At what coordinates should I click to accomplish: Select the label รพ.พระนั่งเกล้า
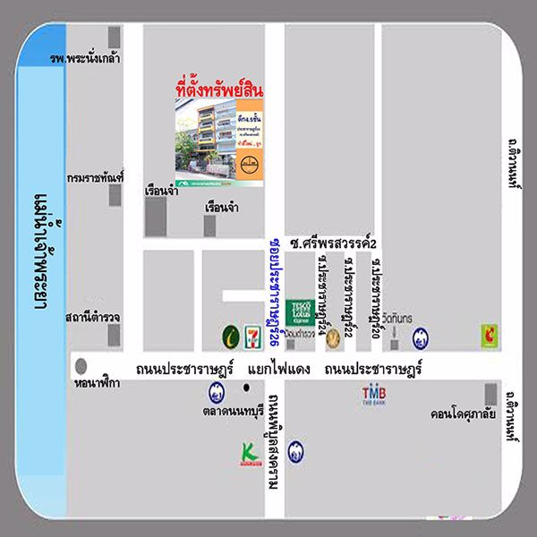click(x=86, y=59)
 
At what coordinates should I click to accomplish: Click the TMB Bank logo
click(x=373, y=395)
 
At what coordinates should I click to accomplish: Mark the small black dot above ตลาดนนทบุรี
click(x=245, y=388)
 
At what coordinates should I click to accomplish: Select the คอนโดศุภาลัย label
click(x=464, y=414)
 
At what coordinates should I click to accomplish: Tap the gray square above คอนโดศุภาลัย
click(x=490, y=394)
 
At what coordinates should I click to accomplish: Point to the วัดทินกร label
click(x=394, y=320)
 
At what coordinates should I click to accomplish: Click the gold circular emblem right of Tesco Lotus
click(x=333, y=338)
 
